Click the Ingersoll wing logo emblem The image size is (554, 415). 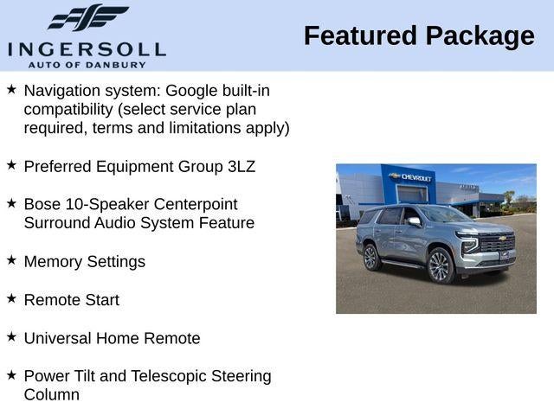[87, 17]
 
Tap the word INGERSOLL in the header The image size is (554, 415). [86, 48]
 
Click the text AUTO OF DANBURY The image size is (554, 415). [86, 64]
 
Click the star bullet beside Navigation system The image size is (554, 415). [11, 89]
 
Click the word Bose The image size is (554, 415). [42, 204]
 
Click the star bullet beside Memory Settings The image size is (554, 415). [11, 259]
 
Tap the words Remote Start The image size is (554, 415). [72, 300]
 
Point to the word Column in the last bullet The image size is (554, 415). [52, 395]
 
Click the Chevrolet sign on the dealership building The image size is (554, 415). [412, 177]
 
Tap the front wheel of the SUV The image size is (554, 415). [440, 265]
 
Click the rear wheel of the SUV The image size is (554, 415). [370, 257]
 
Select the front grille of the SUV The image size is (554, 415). [496, 244]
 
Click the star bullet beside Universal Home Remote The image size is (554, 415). [11, 336]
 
